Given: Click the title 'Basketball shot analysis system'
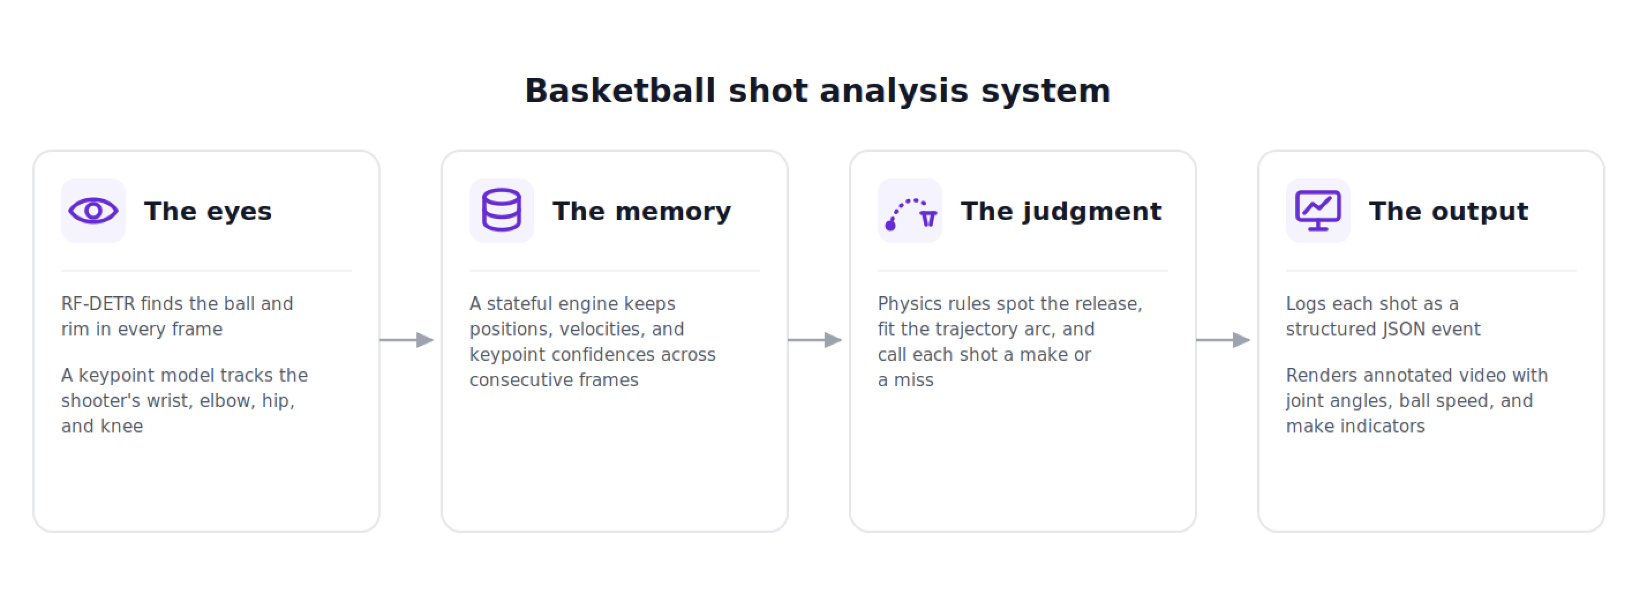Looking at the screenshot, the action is point(817,91).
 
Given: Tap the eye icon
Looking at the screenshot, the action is point(93,211).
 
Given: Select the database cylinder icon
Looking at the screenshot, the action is point(501,210).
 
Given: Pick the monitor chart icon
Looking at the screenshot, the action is point(1318,211).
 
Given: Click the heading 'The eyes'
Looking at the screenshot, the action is point(208,211).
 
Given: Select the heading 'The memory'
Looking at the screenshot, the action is point(641,211).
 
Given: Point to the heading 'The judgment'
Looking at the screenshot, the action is point(1061,212).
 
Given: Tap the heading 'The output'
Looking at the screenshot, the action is point(1448,212).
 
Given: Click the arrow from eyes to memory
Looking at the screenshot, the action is point(407,340).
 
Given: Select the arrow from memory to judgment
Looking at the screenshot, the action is point(815,340).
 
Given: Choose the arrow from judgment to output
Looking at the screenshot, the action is point(1223,340).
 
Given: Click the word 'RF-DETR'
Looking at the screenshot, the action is point(98,304).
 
